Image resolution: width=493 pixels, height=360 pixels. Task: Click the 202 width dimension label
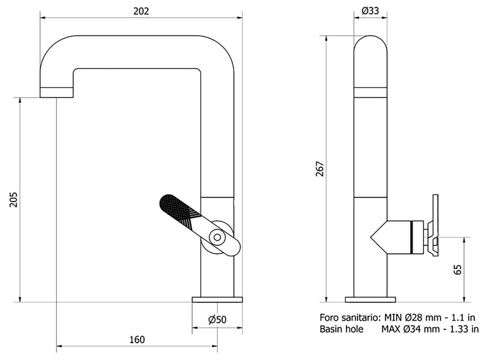pyautogui.click(x=141, y=11)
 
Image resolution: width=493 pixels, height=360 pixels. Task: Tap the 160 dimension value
pyautogui.click(x=137, y=340)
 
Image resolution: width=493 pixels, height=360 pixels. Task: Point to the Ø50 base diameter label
pyautogui.click(x=217, y=320)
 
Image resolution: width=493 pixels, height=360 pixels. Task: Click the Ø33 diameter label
pyautogui.click(x=370, y=11)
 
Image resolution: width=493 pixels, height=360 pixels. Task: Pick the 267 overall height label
pyautogui.click(x=320, y=169)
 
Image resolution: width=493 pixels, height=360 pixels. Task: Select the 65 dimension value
pyautogui.click(x=458, y=269)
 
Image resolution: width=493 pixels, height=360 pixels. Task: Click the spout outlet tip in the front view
pyautogui.click(x=56, y=92)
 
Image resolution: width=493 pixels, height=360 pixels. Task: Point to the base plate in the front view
pyautogui.click(x=217, y=300)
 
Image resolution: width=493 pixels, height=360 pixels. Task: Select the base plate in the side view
pyautogui.click(x=371, y=300)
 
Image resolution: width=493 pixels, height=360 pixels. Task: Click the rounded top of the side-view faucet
pyautogui.click(x=371, y=43)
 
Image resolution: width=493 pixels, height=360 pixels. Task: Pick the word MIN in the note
pyautogui.click(x=392, y=318)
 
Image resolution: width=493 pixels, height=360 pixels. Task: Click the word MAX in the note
pyautogui.click(x=391, y=329)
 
